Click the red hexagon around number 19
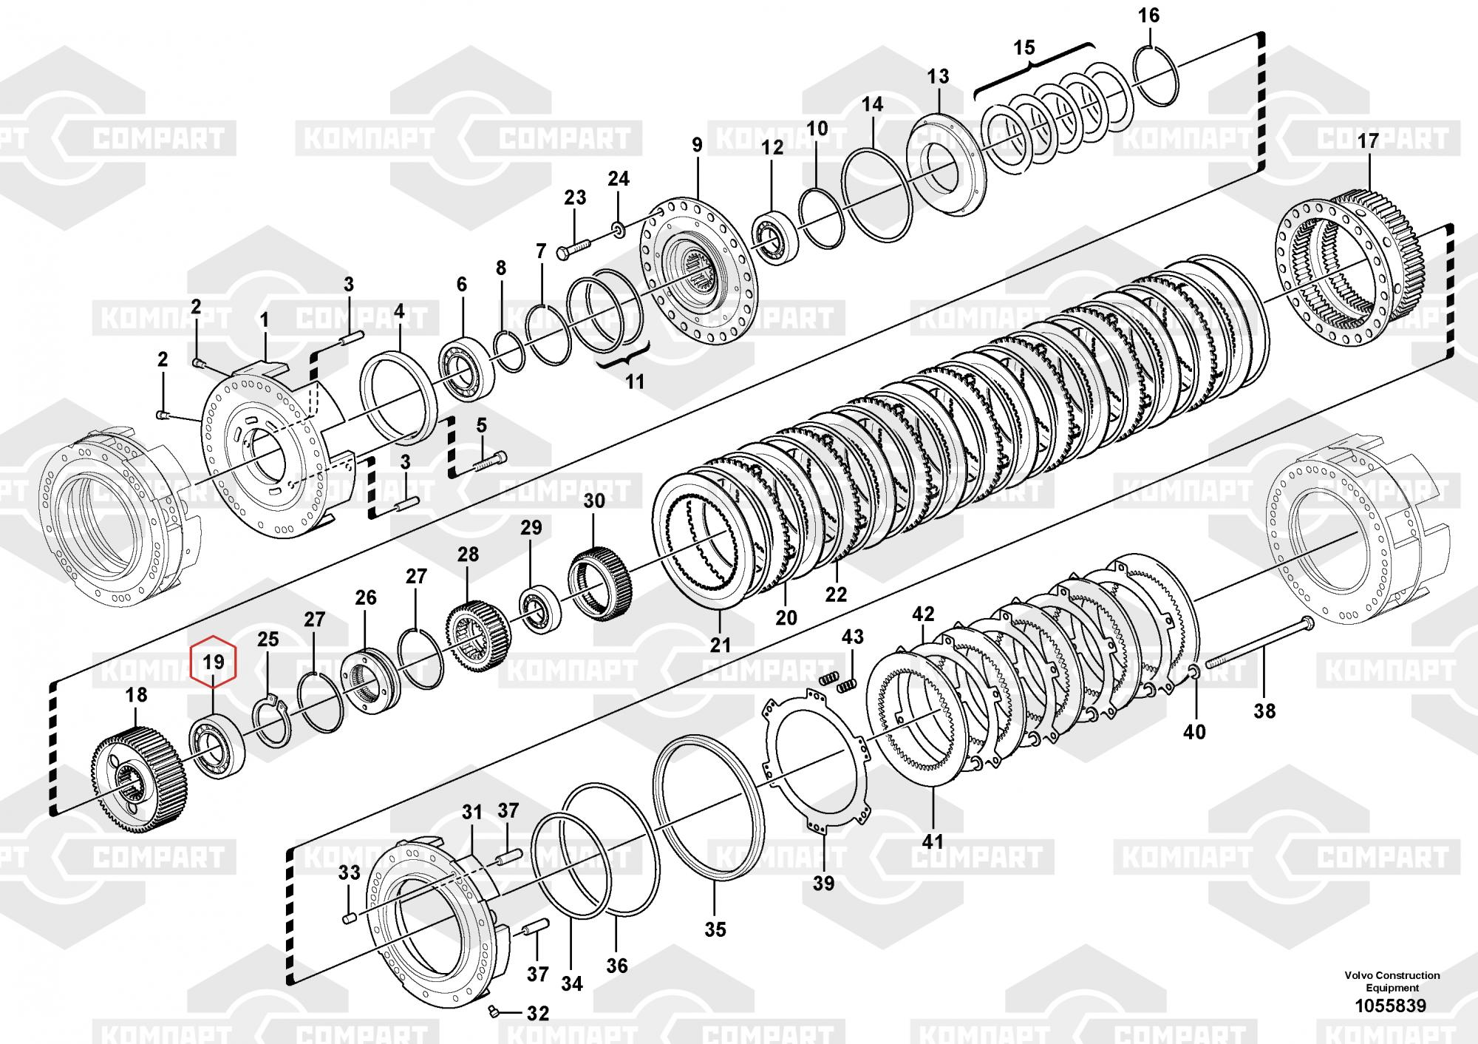click(x=214, y=660)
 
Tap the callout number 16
click(x=1149, y=16)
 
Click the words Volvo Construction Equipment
click(x=1392, y=981)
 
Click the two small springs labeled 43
click(x=839, y=681)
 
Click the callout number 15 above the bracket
click(x=1024, y=49)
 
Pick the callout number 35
click(x=715, y=929)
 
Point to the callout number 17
click(x=1368, y=141)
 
